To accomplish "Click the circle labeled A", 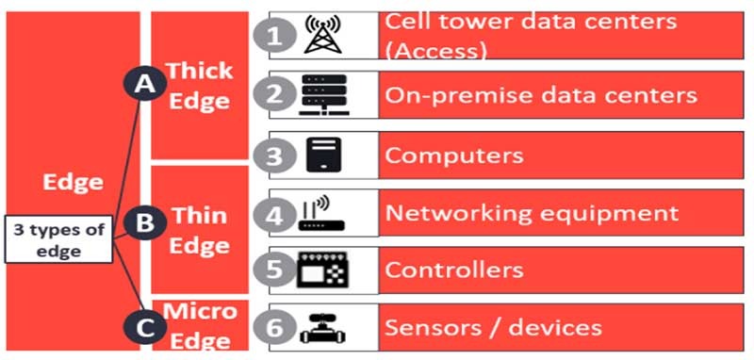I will (144, 85).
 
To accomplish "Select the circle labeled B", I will (144, 223).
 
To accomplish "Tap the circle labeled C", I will (144, 327).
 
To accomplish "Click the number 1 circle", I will (272, 36).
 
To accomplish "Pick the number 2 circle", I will (272, 94).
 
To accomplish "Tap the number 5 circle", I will (272, 270).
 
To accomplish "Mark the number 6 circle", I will (272, 328).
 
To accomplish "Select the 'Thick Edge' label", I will (198, 85).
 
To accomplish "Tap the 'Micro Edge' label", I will (198, 324).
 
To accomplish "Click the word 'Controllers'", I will (453, 270).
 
